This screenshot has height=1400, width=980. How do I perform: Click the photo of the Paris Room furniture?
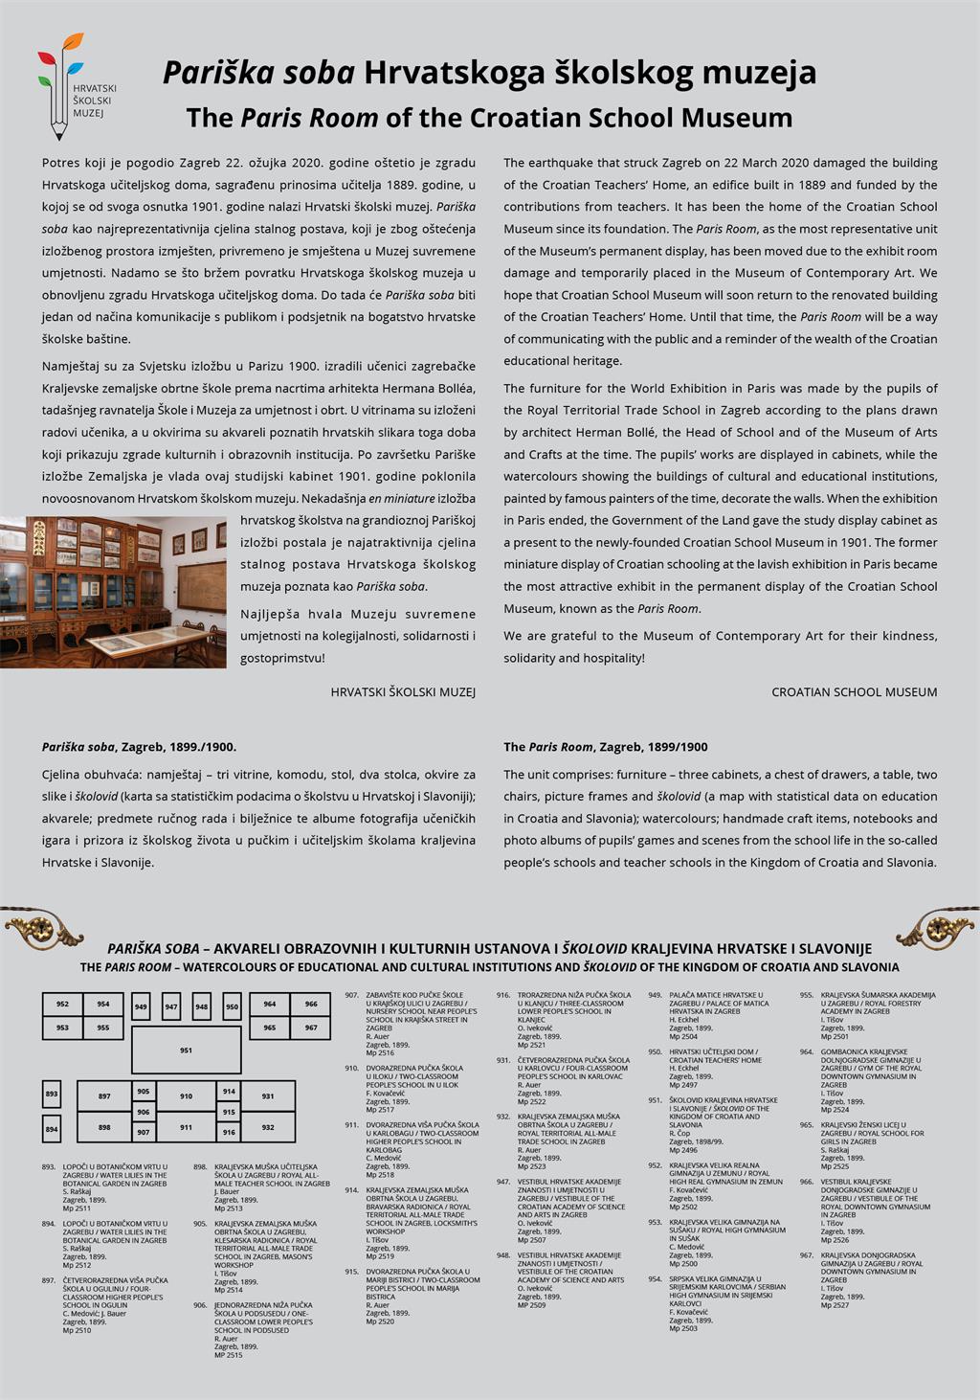click(113, 592)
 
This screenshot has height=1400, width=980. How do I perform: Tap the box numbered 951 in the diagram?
click(186, 1050)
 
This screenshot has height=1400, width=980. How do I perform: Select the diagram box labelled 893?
click(52, 1094)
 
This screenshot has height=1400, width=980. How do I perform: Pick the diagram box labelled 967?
click(311, 1027)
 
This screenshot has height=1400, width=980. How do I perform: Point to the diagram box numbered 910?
click(186, 1095)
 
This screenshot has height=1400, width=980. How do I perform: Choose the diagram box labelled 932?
click(268, 1127)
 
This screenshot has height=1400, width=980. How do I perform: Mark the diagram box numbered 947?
click(171, 1006)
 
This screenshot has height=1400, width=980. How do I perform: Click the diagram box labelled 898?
click(104, 1127)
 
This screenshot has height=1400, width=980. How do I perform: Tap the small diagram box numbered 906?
click(144, 1112)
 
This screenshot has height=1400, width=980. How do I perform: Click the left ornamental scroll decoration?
click(44, 927)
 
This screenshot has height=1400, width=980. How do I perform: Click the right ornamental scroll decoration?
click(938, 927)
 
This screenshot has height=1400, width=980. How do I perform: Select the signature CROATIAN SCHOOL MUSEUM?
click(854, 691)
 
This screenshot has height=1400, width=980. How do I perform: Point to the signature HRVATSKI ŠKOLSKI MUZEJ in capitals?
click(403, 691)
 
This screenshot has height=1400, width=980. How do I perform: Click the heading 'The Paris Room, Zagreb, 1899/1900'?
click(606, 747)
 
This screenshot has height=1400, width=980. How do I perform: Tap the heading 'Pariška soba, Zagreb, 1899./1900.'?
click(139, 747)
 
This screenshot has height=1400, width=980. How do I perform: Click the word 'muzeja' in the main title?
click(762, 73)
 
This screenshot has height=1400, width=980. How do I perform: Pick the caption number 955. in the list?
click(807, 995)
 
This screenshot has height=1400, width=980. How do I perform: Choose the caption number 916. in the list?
click(503, 995)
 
